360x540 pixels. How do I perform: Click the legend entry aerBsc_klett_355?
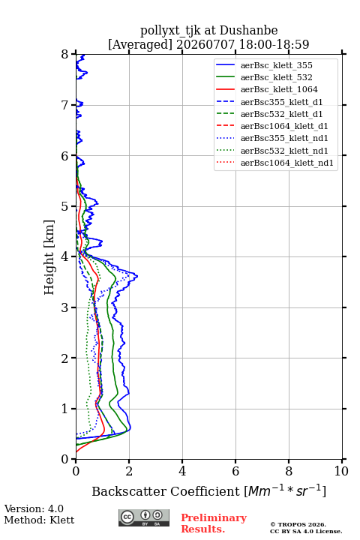coord(276,65)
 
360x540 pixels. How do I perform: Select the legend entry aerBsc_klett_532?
coord(276,77)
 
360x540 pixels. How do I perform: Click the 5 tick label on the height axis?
coord(65,206)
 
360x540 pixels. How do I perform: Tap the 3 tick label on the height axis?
coord(65,307)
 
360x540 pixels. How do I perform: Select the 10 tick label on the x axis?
coord(341,471)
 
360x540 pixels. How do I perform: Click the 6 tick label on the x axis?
coord(235,471)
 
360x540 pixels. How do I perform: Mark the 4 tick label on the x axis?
coord(182,471)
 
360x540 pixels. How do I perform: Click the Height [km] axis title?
coord(49,257)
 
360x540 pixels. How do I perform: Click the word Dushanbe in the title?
coord(249,30)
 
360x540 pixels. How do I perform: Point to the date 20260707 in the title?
coord(205,44)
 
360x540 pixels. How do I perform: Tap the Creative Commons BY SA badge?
coord(144,517)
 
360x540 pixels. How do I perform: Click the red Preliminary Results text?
coord(214,523)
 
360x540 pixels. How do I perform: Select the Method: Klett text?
coord(39,520)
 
